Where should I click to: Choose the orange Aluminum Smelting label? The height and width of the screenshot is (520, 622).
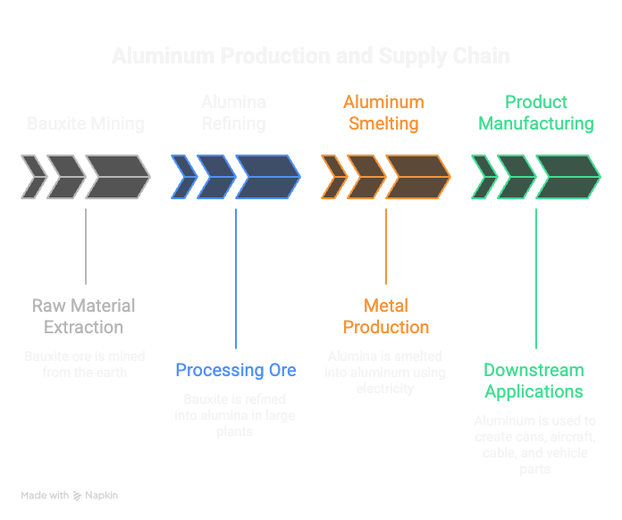tap(383, 113)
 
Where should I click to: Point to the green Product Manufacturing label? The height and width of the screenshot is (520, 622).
tap(535, 113)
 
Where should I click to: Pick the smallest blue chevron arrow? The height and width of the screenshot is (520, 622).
tap(182, 177)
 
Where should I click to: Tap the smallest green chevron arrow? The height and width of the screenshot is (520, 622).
tap(483, 177)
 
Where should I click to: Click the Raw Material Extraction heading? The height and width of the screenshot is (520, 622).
tap(85, 316)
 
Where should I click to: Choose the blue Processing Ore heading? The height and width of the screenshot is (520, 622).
tap(236, 370)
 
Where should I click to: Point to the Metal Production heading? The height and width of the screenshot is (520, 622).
tap(386, 316)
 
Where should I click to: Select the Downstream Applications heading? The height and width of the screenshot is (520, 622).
tap(534, 381)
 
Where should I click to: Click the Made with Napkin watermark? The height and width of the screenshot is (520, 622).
tap(70, 495)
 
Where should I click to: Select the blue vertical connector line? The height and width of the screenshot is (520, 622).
tap(236, 277)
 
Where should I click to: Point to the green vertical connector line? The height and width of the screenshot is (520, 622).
tap(535, 277)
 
